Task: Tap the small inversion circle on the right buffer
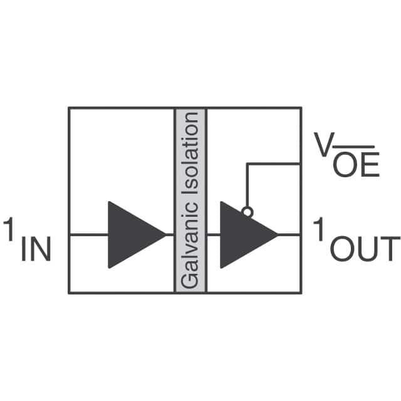(247, 212)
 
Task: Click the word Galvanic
(190, 250)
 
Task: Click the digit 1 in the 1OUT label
(320, 229)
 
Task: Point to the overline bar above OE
(355, 148)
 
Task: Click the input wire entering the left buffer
(88, 234)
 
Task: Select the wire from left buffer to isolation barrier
(170, 234)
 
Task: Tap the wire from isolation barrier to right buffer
(213, 234)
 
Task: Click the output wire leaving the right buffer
(289, 234)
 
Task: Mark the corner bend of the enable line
(247, 164)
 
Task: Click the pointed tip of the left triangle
(164, 234)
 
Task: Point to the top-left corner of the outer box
(69, 108)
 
